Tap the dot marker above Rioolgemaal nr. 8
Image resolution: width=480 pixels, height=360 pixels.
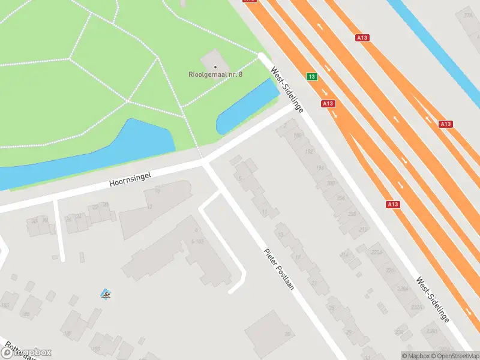tap(215, 67)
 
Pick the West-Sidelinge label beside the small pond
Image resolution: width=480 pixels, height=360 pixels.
tap(287, 89)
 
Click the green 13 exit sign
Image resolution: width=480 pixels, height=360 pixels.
tap(311, 77)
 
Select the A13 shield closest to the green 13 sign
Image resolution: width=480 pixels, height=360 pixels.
tap(328, 104)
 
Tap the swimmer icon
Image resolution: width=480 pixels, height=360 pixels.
tap(106, 294)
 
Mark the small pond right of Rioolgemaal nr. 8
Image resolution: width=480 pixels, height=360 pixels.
tap(247, 108)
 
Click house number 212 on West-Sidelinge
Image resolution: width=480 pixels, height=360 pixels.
tap(362, 229)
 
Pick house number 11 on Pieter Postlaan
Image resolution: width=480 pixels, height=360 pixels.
tap(265, 212)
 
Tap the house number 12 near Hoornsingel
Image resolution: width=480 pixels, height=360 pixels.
tap(149, 206)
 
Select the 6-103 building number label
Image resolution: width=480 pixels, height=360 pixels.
tap(197, 241)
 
